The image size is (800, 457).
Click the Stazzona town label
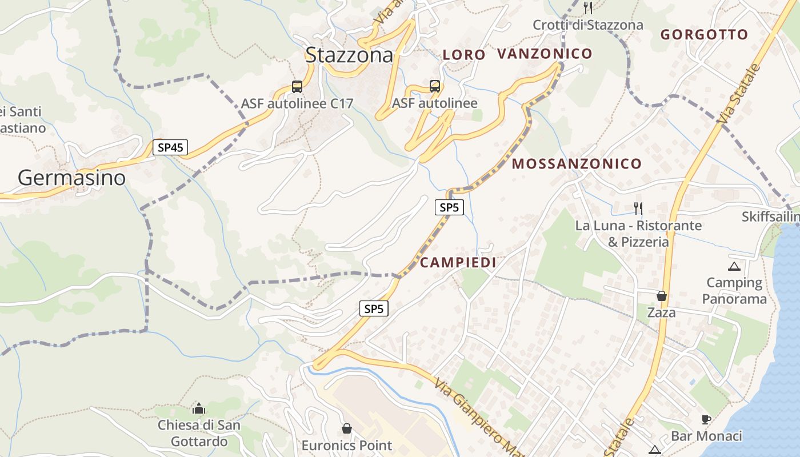coord(350,55)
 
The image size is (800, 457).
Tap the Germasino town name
coord(71,178)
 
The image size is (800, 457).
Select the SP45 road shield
coord(170,147)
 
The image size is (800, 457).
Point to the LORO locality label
coord(464,55)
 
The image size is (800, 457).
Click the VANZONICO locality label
coord(545,54)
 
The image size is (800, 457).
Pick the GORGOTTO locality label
coord(704,34)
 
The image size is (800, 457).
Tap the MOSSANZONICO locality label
coord(577,164)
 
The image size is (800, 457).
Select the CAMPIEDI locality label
coord(458,262)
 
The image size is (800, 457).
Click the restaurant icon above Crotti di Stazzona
coord(588,8)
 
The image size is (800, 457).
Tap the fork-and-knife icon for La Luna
coord(638,208)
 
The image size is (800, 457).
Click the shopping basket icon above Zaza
coord(662,296)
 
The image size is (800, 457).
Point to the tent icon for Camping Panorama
coord(734,266)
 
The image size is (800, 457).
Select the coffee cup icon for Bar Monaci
coord(706,419)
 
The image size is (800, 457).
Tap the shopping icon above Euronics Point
coord(347,428)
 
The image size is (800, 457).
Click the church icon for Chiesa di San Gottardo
coord(199,408)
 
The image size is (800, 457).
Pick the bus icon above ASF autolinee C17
coord(297,87)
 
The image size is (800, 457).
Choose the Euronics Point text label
coord(347,446)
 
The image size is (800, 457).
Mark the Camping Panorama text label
coord(734,291)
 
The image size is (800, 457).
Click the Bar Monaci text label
coord(706,436)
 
